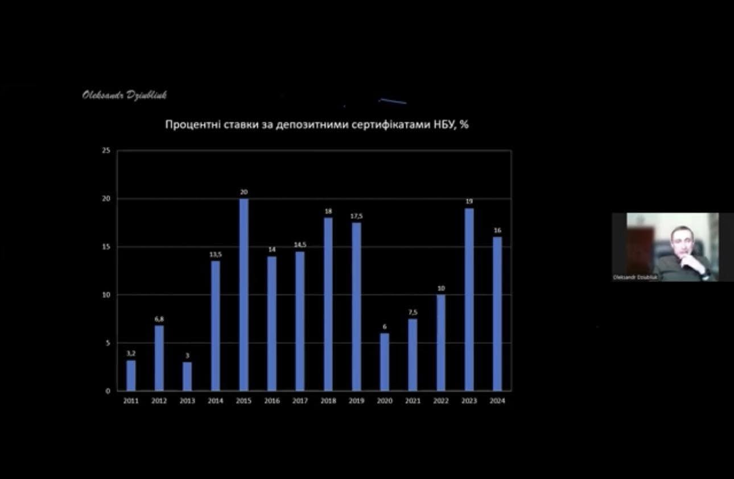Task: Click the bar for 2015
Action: (244, 294)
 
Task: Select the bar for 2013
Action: (187, 376)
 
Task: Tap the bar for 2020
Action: (385, 362)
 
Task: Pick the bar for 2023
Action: (469, 299)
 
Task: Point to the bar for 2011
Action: (131, 375)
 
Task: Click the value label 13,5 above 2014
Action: (216, 255)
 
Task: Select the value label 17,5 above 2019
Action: (356, 216)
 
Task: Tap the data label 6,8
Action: (159, 319)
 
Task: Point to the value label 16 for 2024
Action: (497, 231)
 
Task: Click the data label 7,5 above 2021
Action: (413, 312)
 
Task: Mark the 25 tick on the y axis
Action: (105, 151)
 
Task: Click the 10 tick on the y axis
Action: (105, 295)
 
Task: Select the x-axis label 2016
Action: (272, 401)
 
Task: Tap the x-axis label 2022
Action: (441, 401)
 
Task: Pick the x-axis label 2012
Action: (159, 401)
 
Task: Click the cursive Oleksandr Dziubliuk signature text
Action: (125, 95)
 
